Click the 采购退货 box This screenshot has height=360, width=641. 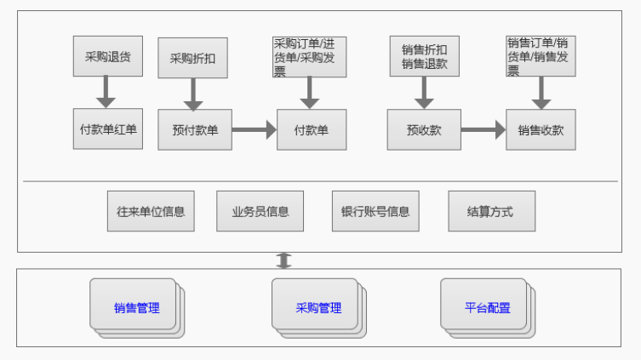coord(107,57)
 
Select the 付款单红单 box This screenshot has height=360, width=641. coord(107,130)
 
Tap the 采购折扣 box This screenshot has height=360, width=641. coord(192,58)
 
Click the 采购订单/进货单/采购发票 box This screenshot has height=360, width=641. coord(310,57)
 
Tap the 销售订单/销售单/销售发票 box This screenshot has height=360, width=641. coord(540,57)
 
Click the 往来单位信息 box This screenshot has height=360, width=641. coord(151,211)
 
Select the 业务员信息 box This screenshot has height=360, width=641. coord(260,211)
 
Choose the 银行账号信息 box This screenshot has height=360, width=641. coord(375,211)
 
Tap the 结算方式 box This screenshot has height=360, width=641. coord(491,211)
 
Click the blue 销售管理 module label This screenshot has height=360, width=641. coord(136,307)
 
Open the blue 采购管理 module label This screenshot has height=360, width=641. coord(318,307)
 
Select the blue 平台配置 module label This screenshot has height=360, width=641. coord(488,307)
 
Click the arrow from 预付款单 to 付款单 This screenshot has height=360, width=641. coord(255,130)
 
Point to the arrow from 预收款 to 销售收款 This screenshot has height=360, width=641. coord(484,130)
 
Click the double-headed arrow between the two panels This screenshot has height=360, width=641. coord(284,260)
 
